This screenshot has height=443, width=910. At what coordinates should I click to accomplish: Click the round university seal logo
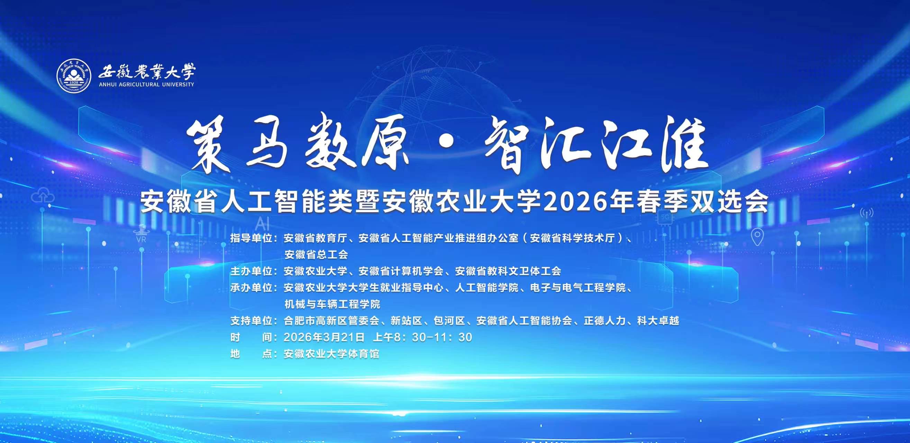tap(72, 75)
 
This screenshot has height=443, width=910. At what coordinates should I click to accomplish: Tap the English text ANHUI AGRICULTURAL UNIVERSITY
tap(146, 85)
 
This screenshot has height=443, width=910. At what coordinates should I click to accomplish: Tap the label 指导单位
tap(251, 238)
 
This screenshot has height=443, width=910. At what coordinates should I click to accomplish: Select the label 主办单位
tap(251, 271)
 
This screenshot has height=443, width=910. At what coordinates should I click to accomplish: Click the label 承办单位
tap(251, 288)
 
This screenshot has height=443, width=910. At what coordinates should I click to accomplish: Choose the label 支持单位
tap(251, 320)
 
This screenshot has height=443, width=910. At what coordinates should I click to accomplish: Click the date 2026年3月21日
tap(324, 337)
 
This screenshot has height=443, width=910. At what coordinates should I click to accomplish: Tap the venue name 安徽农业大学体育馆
tap(331, 354)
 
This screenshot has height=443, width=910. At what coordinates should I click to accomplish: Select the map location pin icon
tap(757, 237)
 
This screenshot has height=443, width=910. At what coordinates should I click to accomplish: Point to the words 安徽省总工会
tap(316, 254)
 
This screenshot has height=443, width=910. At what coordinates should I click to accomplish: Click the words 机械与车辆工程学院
tap(332, 304)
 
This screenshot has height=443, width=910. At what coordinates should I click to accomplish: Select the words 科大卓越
tap(658, 320)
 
